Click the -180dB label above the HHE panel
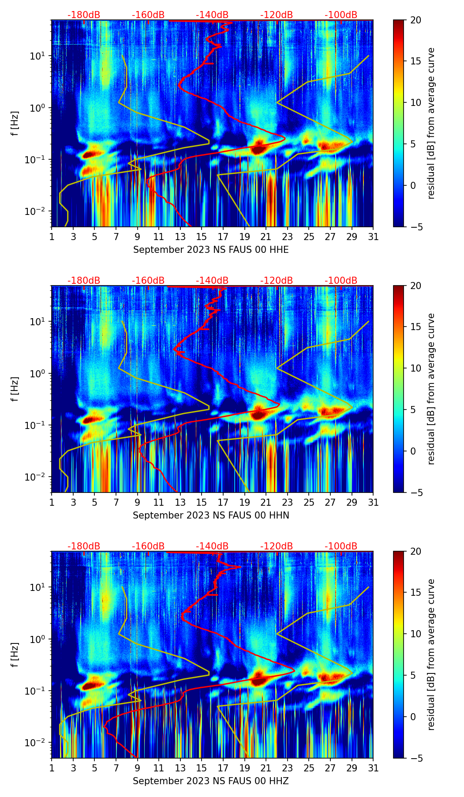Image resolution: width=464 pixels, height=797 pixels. (x=84, y=15)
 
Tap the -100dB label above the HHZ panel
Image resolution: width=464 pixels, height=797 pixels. (x=341, y=546)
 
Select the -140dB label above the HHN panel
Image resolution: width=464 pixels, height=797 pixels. (x=212, y=281)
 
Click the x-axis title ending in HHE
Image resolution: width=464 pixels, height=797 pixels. (x=211, y=250)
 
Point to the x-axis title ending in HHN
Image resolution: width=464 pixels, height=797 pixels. (x=211, y=515)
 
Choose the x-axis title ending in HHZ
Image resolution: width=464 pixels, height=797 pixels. (x=211, y=781)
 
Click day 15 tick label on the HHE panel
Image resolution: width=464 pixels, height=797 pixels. (x=202, y=237)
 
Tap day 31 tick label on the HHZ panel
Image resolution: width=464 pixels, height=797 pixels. (x=373, y=768)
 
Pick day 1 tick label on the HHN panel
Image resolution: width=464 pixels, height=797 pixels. (x=52, y=503)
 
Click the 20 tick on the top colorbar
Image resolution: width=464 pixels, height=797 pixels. (x=415, y=20)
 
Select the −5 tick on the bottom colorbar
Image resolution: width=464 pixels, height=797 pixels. (x=415, y=758)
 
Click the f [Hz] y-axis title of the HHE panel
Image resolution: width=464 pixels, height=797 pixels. (x=15, y=124)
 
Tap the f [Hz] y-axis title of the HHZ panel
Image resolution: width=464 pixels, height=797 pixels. (x=15, y=655)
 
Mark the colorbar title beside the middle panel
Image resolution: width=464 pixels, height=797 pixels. (x=431, y=389)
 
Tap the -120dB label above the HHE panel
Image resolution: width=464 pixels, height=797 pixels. (x=277, y=15)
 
